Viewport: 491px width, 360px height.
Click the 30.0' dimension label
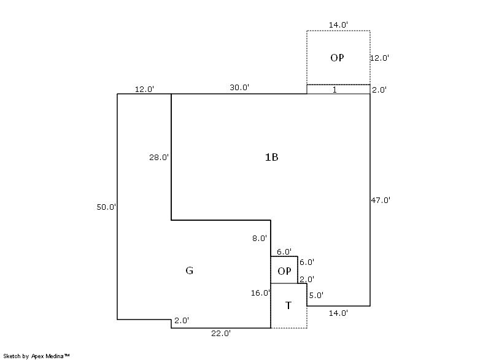point(239,88)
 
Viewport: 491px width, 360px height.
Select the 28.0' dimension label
point(159,158)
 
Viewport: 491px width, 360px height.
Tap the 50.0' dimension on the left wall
point(106,207)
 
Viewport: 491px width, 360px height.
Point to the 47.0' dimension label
point(381,200)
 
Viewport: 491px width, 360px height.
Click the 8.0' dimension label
point(260,239)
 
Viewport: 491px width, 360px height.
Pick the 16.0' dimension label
point(260,293)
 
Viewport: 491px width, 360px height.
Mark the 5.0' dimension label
point(316,295)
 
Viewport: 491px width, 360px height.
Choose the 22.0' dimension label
point(221,334)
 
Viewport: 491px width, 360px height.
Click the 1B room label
point(271,157)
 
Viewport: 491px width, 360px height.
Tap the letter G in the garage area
point(189,270)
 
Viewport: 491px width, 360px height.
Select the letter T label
point(288,305)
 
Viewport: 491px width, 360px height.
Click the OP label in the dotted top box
point(337,58)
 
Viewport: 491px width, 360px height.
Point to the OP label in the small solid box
point(284,271)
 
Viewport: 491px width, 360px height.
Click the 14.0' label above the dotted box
point(338,25)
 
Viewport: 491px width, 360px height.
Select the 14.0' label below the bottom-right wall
point(338,313)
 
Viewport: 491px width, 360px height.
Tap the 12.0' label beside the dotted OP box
point(379,58)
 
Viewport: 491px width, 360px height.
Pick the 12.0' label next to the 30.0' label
point(144,89)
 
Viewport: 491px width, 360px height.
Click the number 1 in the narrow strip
point(334,90)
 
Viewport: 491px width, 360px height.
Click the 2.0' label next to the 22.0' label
point(182,321)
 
